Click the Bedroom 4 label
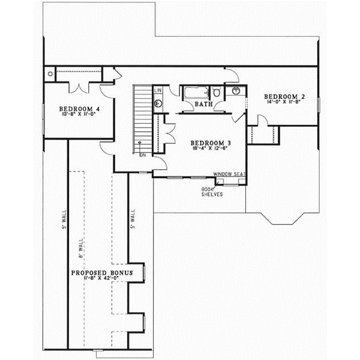(80, 109)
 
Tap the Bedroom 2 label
(286, 96)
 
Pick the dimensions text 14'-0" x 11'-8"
(286, 102)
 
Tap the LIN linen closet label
(158, 91)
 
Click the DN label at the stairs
(143, 155)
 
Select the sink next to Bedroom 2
(236, 91)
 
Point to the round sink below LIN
(158, 102)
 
